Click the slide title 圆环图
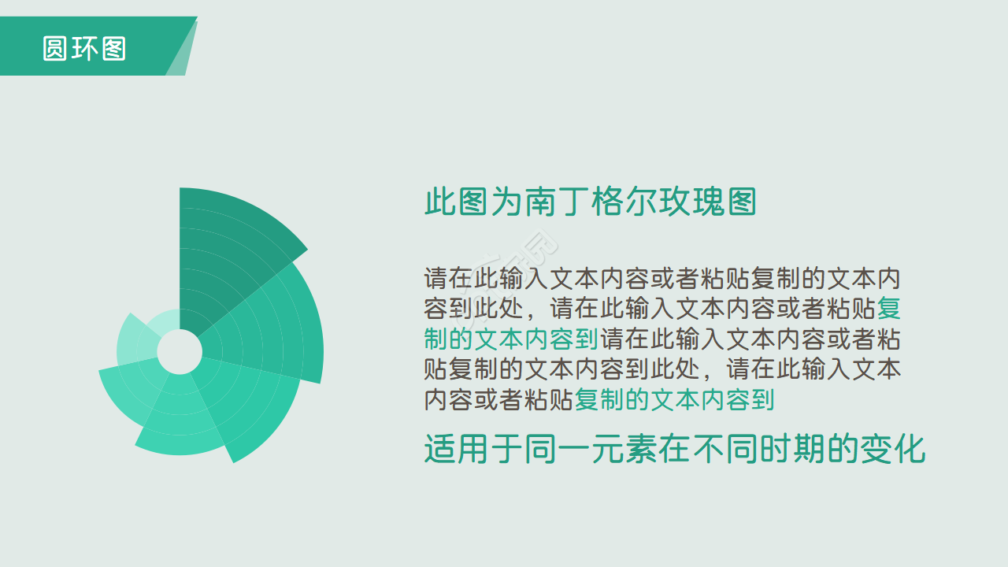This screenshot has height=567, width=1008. tap(84, 49)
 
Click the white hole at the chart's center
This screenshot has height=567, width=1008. tap(180, 351)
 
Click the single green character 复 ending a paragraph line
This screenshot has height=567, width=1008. tap(888, 308)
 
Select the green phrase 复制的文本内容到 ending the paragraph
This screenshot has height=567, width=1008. tap(674, 399)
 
